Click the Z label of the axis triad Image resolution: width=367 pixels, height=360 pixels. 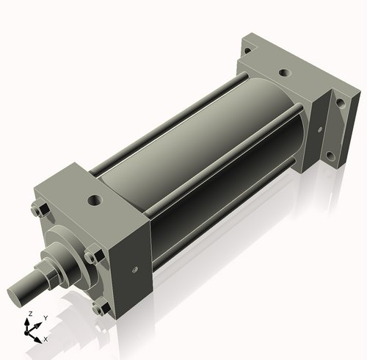click(x=29, y=314)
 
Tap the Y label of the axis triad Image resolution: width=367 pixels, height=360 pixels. click(x=45, y=318)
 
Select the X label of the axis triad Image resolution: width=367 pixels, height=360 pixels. click(x=46, y=339)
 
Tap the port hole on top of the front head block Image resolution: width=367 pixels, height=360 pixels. click(x=93, y=199)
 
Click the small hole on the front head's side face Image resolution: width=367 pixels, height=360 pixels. click(x=134, y=269)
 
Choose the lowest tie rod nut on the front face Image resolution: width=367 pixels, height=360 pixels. click(x=98, y=309)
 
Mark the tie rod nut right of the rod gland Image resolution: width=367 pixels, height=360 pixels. click(x=91, y=257)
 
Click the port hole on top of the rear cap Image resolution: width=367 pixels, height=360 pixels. click(x=283, y=74)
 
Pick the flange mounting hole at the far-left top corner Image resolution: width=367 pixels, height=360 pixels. click(x=247, y=51)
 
